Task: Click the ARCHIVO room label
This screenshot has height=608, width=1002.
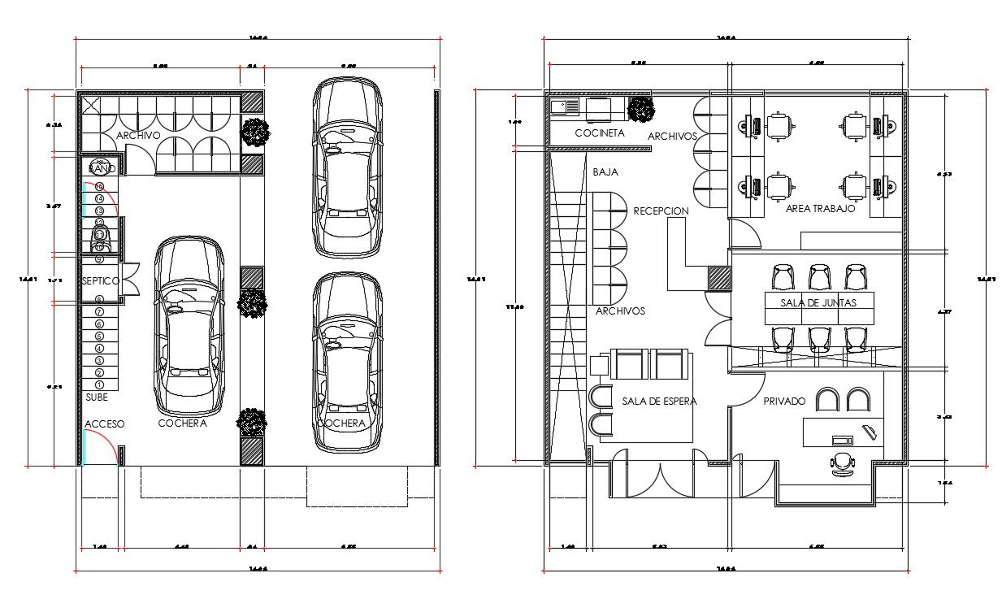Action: tap(138, 135)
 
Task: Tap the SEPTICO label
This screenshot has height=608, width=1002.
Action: tap(101, 280)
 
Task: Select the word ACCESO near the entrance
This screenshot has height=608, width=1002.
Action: tap(105, 424)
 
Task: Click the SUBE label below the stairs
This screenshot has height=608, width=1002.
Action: tap(97, 397)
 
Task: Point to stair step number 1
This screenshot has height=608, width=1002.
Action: tap(100, 384)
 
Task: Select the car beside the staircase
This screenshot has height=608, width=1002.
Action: tap(189, 325)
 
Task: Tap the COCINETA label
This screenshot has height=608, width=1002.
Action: tap(600, 132)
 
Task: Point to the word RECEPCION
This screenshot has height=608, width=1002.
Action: tap(661, 211)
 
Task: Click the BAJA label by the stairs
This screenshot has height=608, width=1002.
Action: tap(605, 172)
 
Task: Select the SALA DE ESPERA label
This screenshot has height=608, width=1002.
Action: tap(659, 401)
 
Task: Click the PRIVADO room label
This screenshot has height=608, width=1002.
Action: tap(784, 401)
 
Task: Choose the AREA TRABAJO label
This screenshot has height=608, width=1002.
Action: tap(821, 209)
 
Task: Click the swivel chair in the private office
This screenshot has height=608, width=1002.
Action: tap(843, 463)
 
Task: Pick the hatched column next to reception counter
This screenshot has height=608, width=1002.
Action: tap(718, 278)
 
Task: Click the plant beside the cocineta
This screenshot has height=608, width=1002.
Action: tap(642, 109)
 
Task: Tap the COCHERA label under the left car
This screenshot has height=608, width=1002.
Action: tap(182, 423)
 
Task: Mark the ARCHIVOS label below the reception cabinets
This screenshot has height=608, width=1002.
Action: tap(620, 311)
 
